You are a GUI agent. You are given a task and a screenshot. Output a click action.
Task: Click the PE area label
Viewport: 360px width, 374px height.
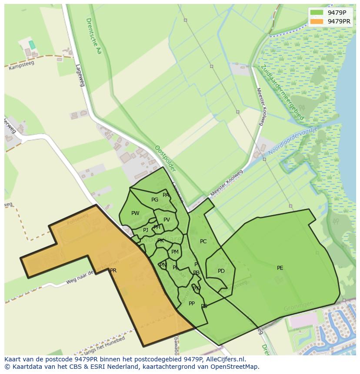280,268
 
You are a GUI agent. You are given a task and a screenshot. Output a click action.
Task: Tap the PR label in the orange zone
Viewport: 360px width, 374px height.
113,271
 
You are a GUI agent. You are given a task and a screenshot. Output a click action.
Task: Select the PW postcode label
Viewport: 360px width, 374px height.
135,213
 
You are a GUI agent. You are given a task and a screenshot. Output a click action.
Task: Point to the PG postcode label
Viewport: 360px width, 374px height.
155,200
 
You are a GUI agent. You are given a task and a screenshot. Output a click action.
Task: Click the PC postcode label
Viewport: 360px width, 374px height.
203,242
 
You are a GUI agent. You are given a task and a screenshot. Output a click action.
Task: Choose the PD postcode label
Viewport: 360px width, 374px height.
221,271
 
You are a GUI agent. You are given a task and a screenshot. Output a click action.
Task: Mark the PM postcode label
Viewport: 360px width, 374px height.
175,252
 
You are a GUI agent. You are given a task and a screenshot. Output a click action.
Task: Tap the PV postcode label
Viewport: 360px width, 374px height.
167,220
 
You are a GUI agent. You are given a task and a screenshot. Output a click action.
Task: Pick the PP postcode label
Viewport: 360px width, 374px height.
192,304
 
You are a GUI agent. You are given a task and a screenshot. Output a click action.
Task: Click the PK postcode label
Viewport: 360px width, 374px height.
160,241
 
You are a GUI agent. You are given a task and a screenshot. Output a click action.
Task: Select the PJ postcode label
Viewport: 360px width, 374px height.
146,230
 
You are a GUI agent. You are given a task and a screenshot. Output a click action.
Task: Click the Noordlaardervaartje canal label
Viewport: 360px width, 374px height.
293,142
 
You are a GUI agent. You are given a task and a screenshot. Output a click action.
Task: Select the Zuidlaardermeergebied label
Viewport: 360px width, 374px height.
282,92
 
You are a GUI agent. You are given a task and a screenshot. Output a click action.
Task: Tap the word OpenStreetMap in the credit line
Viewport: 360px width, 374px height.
237,367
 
